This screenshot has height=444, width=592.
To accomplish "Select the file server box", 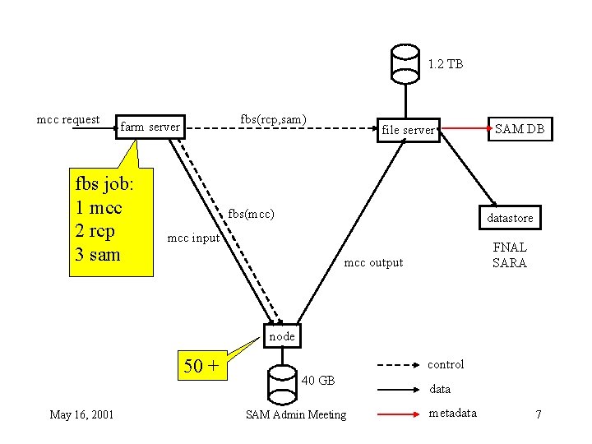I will (x=407, y=129).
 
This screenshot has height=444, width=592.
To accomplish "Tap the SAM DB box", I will (x=519, y=128).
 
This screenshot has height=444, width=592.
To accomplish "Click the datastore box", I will (x=510, y=218).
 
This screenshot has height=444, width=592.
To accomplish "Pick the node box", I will (x=282, y=336).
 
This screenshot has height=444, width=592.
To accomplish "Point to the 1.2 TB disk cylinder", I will (x=405, y=62).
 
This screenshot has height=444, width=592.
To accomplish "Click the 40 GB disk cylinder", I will (x=282, y=383).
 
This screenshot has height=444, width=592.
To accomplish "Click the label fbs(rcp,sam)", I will (x=273, y=119).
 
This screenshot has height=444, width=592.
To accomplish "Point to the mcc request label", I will (x=68, y=119).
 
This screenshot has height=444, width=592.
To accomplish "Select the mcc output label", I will (x=373, y=262).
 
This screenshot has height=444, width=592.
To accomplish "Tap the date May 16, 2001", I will (x=81, y=414).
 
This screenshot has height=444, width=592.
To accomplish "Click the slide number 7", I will (x=538, y=414).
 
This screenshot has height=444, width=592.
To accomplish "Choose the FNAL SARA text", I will (x=510, y=255).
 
